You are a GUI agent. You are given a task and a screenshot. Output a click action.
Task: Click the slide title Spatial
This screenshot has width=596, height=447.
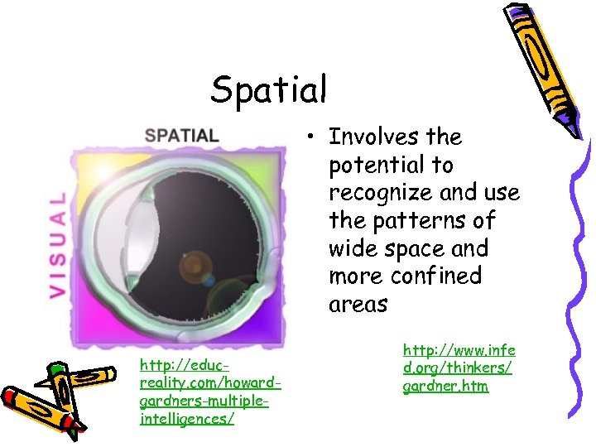[269, 89]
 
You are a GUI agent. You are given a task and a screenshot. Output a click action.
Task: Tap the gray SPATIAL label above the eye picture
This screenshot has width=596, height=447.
[182, 135]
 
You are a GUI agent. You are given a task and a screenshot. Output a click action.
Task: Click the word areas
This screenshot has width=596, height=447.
[358, 305]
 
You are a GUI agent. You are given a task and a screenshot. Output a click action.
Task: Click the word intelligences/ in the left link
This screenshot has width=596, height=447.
[187, 419]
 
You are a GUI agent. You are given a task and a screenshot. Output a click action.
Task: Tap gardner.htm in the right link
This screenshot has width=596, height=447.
[445, 386]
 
